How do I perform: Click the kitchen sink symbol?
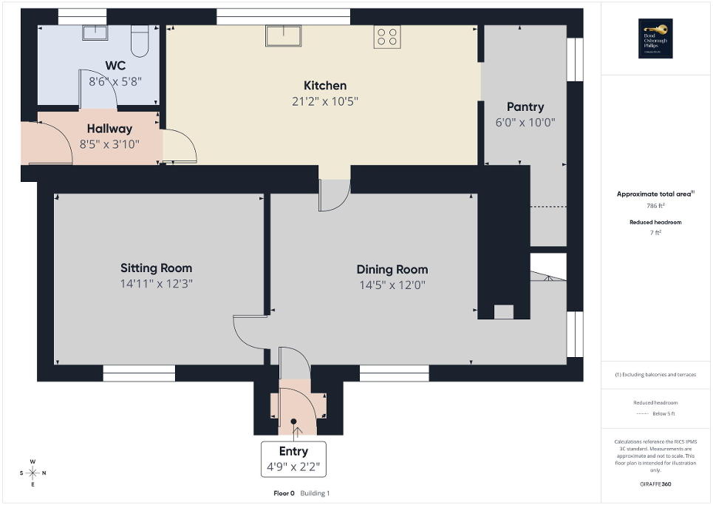coord(284,35)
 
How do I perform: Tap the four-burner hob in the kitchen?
coord(387,36)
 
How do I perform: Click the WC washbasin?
coord(95,33)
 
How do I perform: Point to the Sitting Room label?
coord(156,268)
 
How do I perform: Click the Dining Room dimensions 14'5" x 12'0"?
coord(392,285)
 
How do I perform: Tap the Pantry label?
coord(525,106)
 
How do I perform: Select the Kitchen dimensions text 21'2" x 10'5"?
coord(325,101)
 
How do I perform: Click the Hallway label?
coord(109,129)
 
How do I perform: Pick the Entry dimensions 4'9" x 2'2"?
coord(293,467)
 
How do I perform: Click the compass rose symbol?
coord(33,472)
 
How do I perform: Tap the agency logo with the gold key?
coord(652,38)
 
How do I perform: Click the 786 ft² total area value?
coord(655,206)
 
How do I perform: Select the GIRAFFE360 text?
coord(655,484)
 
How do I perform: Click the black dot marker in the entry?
coord(293,421)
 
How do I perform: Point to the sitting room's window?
coord(139,374)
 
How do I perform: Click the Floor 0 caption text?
coord(284,493)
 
